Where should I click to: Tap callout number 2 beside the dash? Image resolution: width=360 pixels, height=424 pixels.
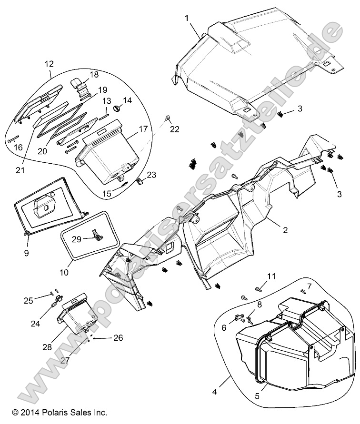coord(285,231)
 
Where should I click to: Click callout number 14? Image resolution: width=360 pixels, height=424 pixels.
coord(114,100)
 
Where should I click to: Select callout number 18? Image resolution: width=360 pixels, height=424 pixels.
coord(93,75)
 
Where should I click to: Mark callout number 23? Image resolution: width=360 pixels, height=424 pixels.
coord(151,175)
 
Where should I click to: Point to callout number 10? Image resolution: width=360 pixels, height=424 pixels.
coord(64,273)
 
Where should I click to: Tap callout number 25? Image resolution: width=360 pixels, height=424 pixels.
coord(29,300)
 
